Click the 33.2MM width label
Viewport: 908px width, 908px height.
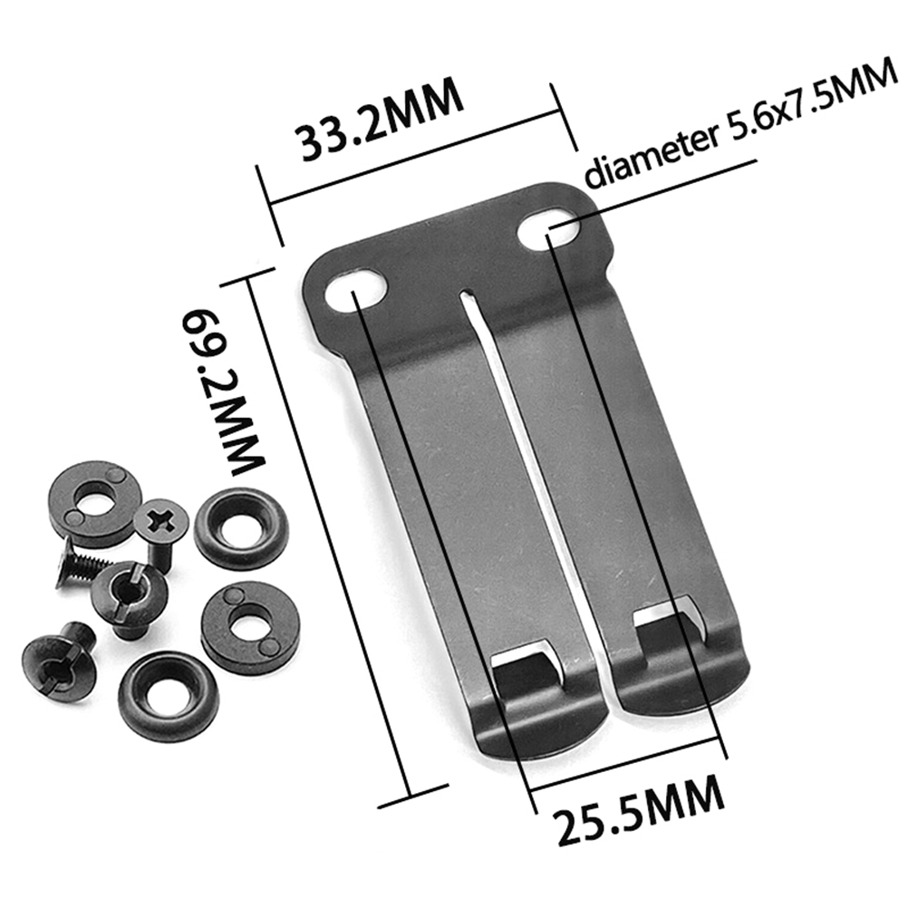point(381,119)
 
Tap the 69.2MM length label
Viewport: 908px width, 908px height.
point(221,392)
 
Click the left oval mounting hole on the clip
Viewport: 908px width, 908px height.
point(355,288)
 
